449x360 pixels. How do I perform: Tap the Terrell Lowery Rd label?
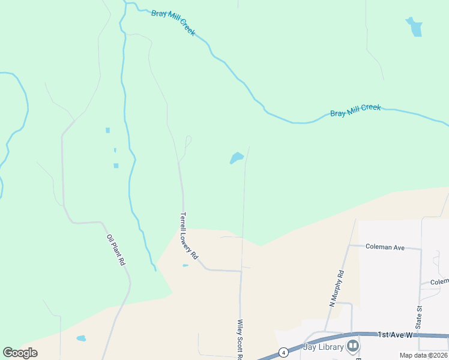[x=188, y=235]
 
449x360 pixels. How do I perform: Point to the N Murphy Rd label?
[x=337, y=289]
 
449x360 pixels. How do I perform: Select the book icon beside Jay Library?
[x=353, y=346]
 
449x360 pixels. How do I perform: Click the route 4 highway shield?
[x=283, y=352]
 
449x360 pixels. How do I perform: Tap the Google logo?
[x=20, y=353]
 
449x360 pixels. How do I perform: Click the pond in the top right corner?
[x=414, y=26]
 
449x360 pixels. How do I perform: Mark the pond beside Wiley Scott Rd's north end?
[x=237, y=158]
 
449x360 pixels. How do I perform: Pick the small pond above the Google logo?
[x=81, y=338]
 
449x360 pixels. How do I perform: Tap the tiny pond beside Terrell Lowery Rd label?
[x=185, y=266]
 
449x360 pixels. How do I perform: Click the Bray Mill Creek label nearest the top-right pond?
[x=355, y=110]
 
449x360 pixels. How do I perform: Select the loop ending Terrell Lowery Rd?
[x=188, y=141]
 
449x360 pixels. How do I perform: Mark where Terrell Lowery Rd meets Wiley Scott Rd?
[x=241, y=271]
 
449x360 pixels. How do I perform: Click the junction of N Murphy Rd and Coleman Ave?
[x=349, y=245]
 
